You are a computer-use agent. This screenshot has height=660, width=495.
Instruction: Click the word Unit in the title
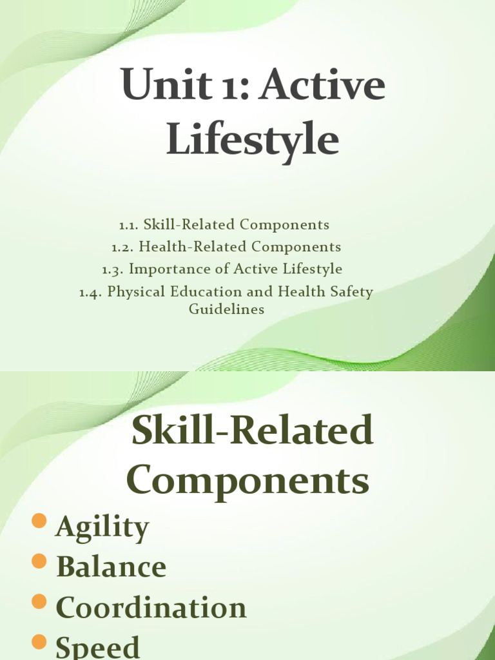157,86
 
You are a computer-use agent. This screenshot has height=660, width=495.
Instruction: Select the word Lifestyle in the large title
253,141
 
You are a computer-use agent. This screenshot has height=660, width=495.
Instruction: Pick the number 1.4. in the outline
91,292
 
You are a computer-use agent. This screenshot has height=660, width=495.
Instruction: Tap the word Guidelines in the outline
226,309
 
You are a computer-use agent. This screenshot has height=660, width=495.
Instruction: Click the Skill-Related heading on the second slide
253,431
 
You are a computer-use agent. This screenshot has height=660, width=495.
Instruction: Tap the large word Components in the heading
248,481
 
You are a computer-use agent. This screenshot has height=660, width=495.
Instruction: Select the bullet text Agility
102,529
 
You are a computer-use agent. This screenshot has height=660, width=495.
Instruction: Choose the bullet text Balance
112,567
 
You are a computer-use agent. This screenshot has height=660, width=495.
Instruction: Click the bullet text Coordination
151,607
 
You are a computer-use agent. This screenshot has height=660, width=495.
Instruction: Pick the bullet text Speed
98,646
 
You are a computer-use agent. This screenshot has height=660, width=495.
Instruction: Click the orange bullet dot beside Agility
40,522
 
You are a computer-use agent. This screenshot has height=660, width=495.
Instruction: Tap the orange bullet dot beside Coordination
40,602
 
